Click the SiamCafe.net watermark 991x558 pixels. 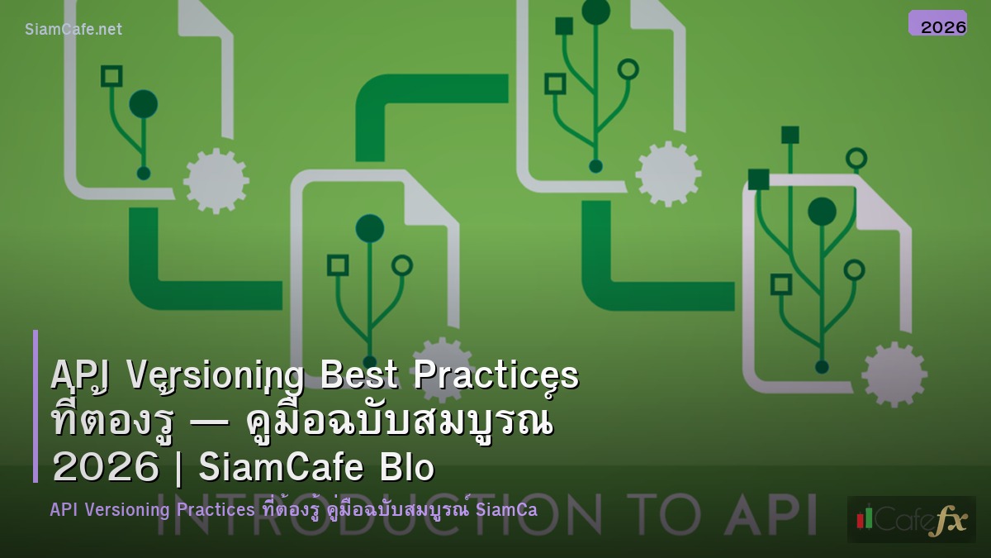coord(73,30)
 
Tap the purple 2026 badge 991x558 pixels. coord(937,24)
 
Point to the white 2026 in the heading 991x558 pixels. coord(105,468)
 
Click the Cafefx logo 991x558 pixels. coord(911,519)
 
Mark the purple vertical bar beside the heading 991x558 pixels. coord(36,406)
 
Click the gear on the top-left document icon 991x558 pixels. coord(216,179)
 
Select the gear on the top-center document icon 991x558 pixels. coord(667,174)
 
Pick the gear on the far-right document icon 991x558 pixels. coord(894,374)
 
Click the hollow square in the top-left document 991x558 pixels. coord(111,76)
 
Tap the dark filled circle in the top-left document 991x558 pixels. coord(143,104)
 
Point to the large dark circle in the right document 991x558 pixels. coord(822,212)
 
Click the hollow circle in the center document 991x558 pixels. coord(402,265)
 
